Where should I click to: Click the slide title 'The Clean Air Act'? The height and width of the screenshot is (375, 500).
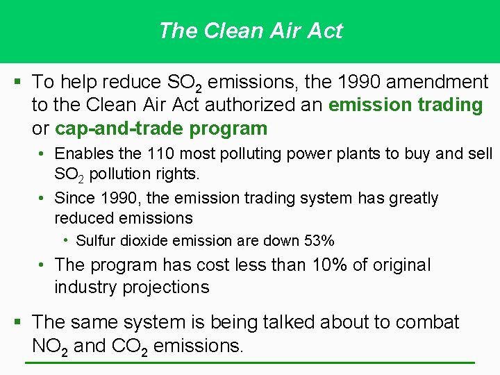click(x=250, y=31)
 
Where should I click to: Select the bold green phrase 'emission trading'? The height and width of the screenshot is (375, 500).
click(x=406, y=106)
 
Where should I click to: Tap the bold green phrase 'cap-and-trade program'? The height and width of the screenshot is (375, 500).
click(x=161, y=128)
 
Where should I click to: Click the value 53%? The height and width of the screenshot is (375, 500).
click(x=319, y=241)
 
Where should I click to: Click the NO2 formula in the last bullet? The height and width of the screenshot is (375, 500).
click(x=49, y=346)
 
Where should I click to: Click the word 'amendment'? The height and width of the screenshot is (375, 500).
click(x=437, y=82)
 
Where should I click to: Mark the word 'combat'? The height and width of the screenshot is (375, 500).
click(x=427, y=322)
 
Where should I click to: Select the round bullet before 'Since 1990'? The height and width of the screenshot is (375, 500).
click(x=43, y=199)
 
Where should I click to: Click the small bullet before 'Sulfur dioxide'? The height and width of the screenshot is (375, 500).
click(x=65, y=241)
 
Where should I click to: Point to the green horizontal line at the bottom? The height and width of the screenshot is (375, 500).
click(x=250, y=362)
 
